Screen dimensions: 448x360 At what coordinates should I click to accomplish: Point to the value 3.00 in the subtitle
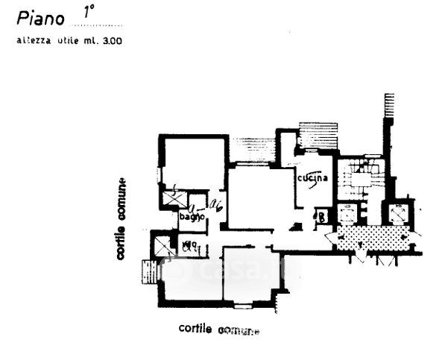113,41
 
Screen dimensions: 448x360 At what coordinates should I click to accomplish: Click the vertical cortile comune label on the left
120,219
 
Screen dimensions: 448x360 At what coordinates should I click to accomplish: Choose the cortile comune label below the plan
219,329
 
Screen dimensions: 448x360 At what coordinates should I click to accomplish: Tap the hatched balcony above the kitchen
318,137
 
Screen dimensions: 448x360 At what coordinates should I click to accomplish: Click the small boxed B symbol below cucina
322,218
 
